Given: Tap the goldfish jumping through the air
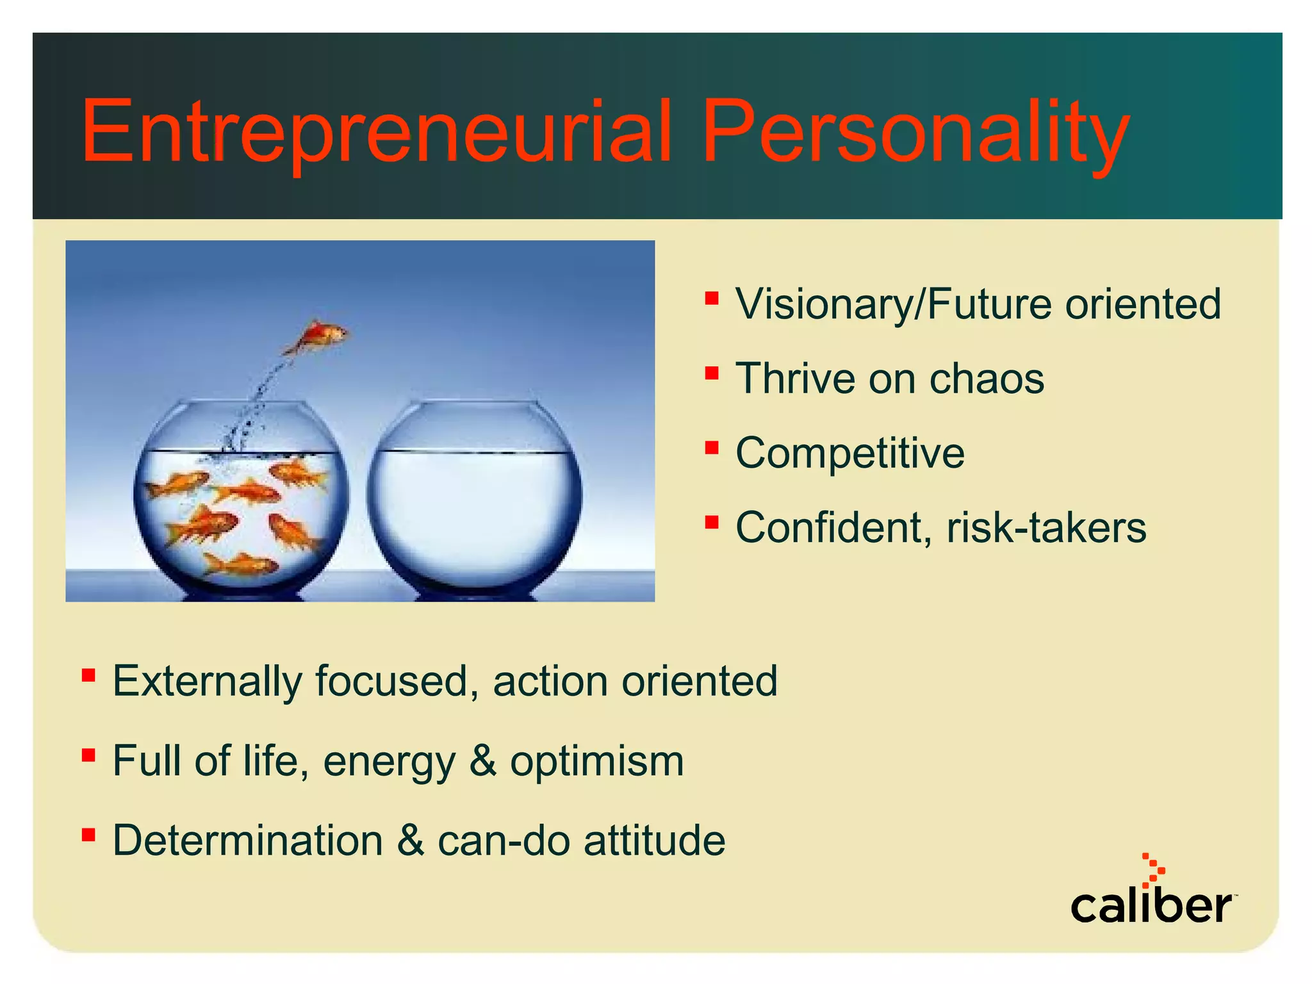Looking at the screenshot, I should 318,336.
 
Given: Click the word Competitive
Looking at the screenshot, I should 849,454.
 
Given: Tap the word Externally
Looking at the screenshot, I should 207,681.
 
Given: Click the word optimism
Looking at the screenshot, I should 597,762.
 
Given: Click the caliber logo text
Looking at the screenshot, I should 1151,906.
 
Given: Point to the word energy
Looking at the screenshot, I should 389,762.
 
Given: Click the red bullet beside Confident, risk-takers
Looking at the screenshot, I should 711,522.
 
